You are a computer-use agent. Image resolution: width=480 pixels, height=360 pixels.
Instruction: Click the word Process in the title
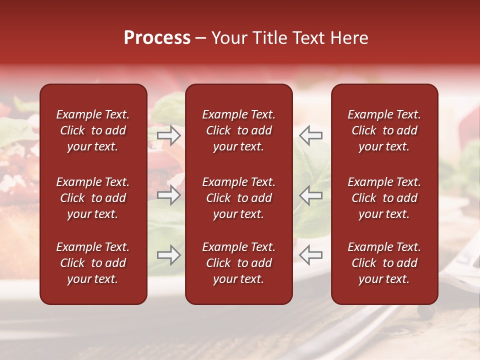click(x=157, y=38)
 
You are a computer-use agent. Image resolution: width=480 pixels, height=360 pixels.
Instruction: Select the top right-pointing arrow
click(x=169, y=135)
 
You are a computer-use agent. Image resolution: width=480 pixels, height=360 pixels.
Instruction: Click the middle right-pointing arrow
click(x=169, y=195)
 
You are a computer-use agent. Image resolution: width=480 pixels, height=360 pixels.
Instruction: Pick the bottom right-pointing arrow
click(x=169, y=255)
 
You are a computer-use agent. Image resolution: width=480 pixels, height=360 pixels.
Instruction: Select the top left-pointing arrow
click(x=311, y=135)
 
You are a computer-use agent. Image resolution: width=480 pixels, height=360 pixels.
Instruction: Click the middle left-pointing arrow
click(x=311, y=195)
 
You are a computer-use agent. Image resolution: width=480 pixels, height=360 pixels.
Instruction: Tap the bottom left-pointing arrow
click(x=311, y=255)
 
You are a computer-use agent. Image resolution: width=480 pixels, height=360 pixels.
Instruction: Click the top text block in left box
click(x=93, y=130)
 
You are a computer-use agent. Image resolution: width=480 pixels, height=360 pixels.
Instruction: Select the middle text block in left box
click(x=93, y=198)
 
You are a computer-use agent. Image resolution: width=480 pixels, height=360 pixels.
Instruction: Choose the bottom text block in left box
click(x=93, y=263)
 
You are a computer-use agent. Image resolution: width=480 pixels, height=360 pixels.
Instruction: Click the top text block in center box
click(x=239, y=130)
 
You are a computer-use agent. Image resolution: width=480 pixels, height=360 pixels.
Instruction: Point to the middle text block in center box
click(x=239, y=198)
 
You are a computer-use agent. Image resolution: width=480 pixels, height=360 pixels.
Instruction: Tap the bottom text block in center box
click(x=239, y=263)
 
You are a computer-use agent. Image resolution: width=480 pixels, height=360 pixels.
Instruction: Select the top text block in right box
click(x=384, y=130)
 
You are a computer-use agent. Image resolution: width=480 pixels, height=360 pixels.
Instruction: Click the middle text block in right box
click(x=384, y=198)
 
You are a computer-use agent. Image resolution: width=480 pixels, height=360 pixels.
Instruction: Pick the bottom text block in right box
click(x=384, y=263)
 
